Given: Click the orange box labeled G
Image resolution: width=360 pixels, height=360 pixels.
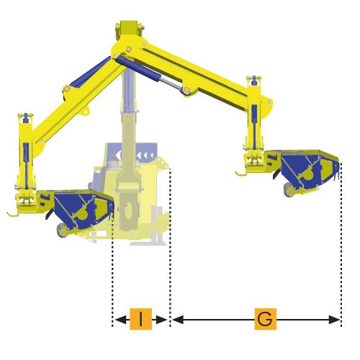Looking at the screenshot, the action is [x=266, y=319].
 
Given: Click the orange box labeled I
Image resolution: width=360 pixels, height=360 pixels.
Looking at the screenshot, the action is [x=141, y=319].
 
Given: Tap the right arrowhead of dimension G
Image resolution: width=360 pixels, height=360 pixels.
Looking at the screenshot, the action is [x=334, y=320].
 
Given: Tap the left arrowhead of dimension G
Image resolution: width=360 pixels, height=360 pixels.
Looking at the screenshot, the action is [x=178, y=320].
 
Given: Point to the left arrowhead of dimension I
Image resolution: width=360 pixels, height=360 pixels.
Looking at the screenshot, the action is [x=121, y=320].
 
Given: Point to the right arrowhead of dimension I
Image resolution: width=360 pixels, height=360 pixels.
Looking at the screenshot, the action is [x=161, y=320].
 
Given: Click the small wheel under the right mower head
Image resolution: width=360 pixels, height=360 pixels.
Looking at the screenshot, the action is [x=288, y=189].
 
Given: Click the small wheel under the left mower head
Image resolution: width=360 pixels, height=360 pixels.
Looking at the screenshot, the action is [x=62, y=230].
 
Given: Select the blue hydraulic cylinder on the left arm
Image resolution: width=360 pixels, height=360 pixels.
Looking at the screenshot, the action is [x=90, y=71].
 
